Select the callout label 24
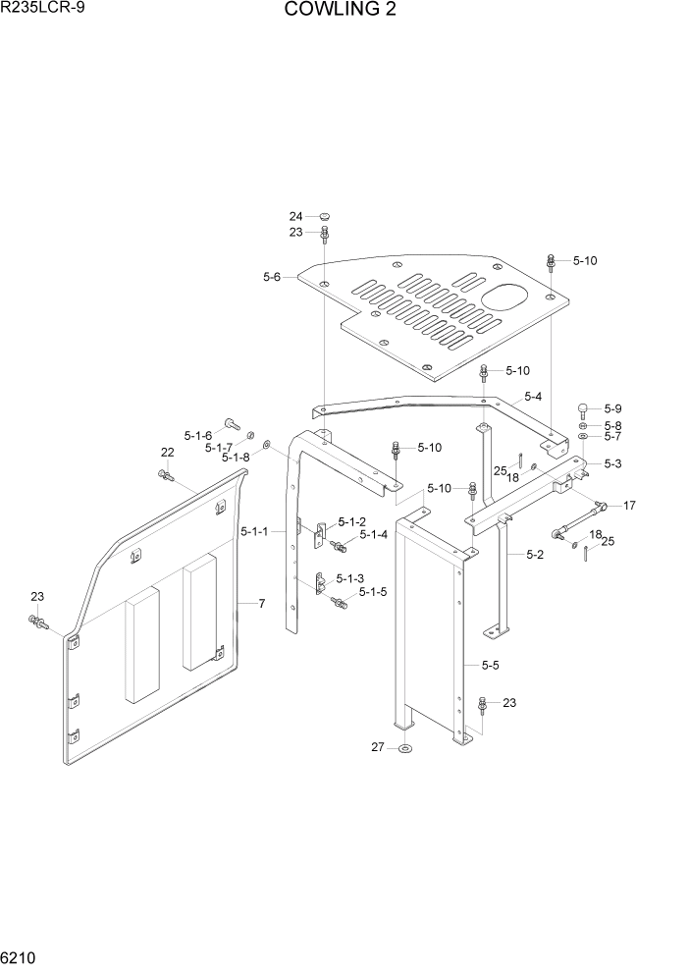click(x=295, y=216)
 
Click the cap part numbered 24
click(x=325, y=216)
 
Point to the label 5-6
click(x=272, y=278)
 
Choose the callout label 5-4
click(x=533, y=397)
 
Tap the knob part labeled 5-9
click(x=583, y=409)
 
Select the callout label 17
click(x=629, y=506)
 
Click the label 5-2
click(x=534, y=554)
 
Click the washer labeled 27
click(x=406, y=751)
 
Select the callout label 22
click(x=168, y=452)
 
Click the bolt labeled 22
click(x=164, y=475)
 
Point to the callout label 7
click(x=262, y=603)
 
